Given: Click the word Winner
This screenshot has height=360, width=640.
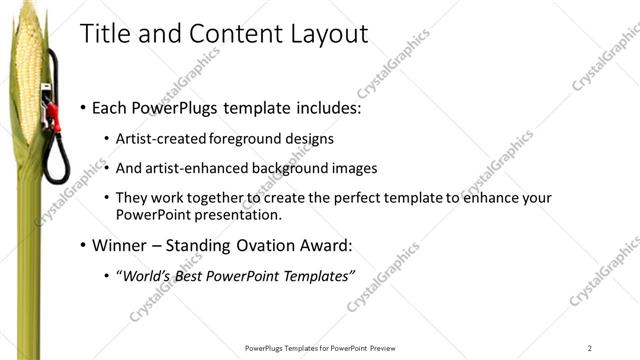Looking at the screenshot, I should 120,245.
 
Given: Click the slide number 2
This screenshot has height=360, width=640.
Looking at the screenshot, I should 590,347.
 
